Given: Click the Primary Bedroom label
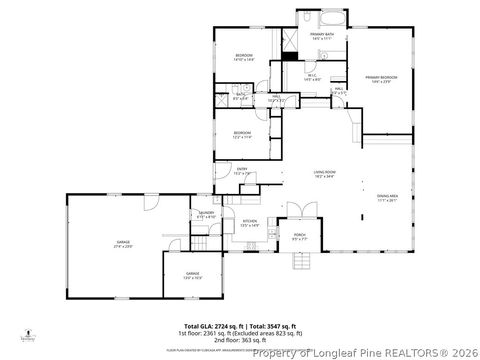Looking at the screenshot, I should click(x=381, y=79).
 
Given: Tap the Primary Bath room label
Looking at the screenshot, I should click(x=321, y=36).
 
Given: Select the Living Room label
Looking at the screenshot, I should click(x=324, y=174).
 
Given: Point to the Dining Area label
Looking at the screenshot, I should click(x=388, y=197).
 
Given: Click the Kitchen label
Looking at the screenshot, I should click(x=250, y=223).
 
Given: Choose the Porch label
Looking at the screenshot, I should click(x=298, y=238).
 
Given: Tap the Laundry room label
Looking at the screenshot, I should click(x=206, y=215).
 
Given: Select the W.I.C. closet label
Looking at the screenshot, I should click(x=312, y=77).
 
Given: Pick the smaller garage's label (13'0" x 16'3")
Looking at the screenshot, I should click(x=192, y=275).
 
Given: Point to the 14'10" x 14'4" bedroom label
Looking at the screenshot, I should click(x=244, y=57).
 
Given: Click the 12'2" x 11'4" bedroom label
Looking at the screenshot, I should click(x=243, y=135).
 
